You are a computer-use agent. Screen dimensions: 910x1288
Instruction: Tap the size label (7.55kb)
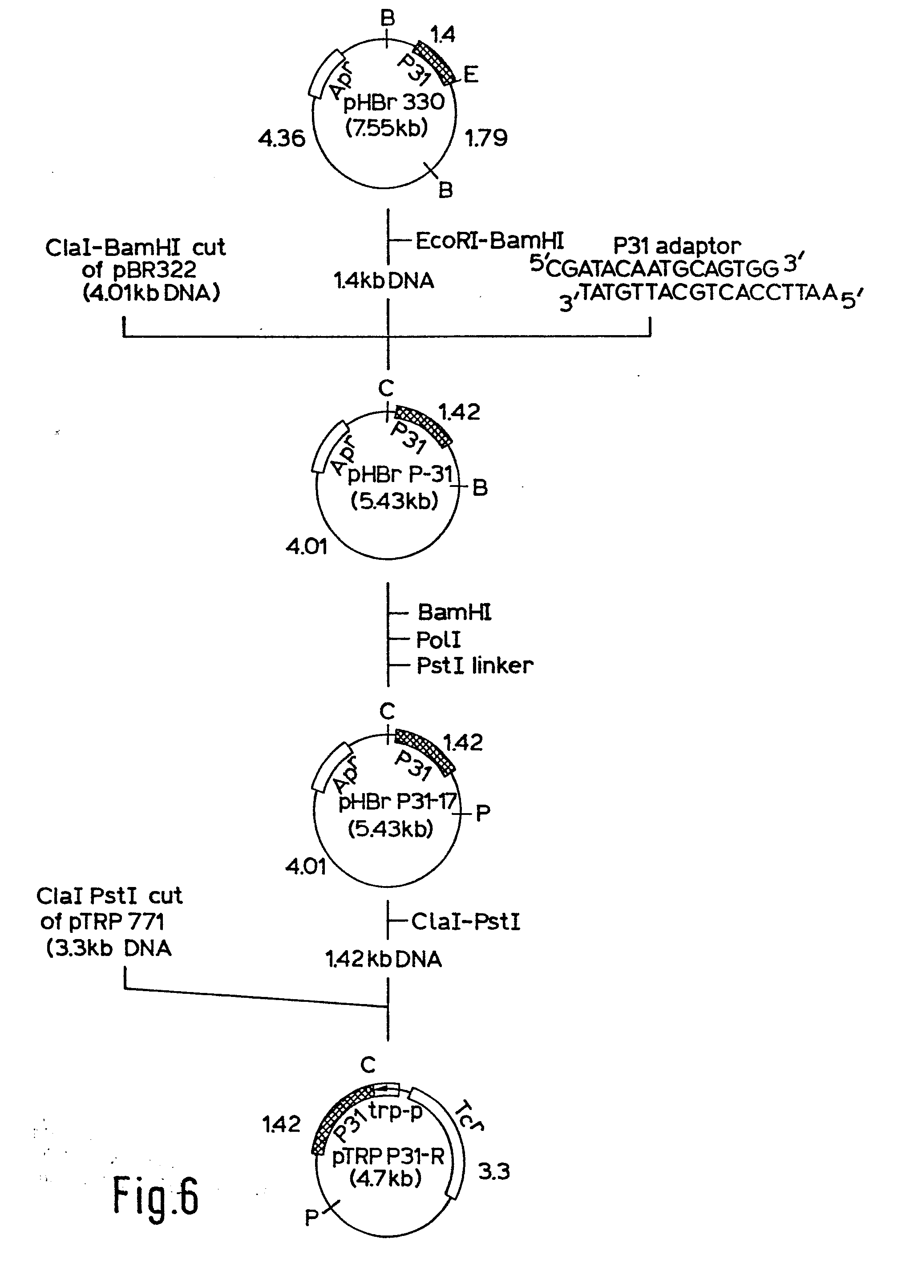click(387, 129)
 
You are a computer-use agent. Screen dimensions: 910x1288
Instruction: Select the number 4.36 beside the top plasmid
click(282, 138)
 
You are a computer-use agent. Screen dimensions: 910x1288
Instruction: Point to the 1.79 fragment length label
click(486, 138)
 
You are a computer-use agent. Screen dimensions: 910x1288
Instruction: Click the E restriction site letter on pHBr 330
click(471, 75)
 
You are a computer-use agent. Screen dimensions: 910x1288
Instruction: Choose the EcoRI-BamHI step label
click(489, 241)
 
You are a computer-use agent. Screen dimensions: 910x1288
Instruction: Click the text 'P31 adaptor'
click(677, 246)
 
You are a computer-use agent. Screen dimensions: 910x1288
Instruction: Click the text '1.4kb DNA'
click(384, 280)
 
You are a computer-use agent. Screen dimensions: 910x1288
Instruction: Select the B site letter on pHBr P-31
click(480, 488)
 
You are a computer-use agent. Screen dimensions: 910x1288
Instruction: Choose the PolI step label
click(438, 640)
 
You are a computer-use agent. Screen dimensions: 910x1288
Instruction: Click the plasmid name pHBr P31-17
click(398, 802)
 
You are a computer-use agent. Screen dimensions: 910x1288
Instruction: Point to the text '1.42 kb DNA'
click(384, 959)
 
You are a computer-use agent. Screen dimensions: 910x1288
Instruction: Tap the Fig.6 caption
click(155, 1197)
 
